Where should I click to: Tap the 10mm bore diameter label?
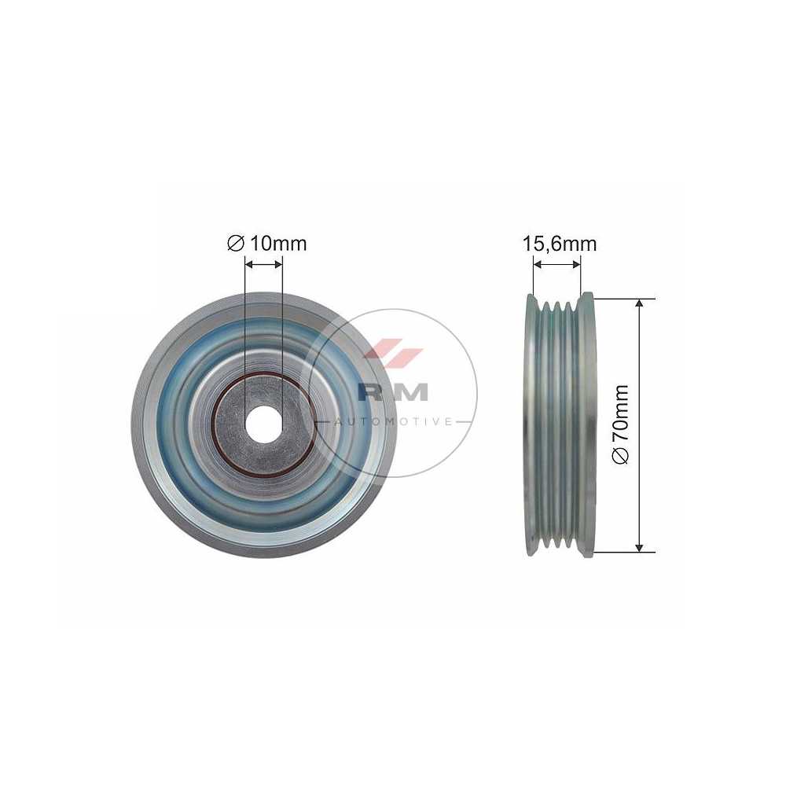coord(266,244)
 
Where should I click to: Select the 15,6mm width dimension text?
coord(560,244)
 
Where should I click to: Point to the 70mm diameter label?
coord(620,424)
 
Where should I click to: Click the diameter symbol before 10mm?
coord(236,244)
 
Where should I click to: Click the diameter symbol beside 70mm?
coord(620,455)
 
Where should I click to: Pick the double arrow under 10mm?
coord(263,264)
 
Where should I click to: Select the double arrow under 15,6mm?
coord(557,264)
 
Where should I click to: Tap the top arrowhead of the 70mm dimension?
coord(639,304)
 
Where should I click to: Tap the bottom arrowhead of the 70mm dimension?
coord(639,546)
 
